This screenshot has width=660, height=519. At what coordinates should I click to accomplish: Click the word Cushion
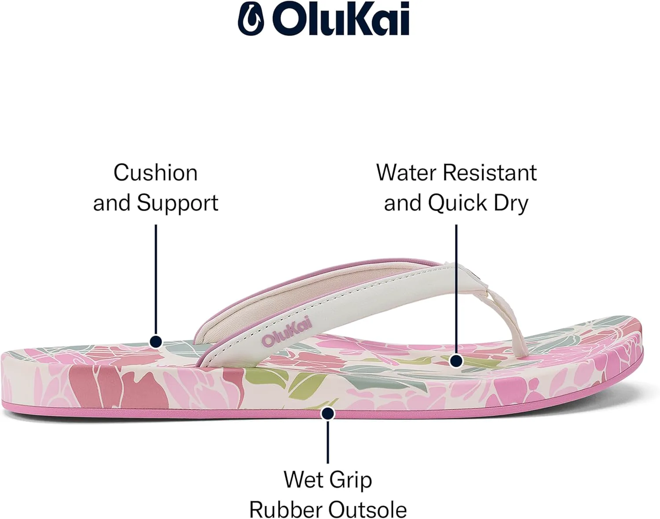pyautogui.click(x=155, y=173)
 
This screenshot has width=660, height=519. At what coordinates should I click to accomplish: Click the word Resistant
pyautogui.click(x=490, y=172)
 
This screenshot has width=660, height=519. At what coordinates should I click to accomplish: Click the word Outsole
pyautogui.click(x=367, y=510)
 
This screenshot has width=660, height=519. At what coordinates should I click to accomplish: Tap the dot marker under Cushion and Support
pyautogui.click(x=156, y=341)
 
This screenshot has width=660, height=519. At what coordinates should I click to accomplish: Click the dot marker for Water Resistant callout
pyautogui.click(x=456, y=361)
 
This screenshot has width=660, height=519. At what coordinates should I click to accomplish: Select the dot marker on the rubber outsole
pyautogui.click(x=328, y=413)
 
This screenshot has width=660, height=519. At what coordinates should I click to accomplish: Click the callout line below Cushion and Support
pyautogui.click(x=156, y=280)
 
